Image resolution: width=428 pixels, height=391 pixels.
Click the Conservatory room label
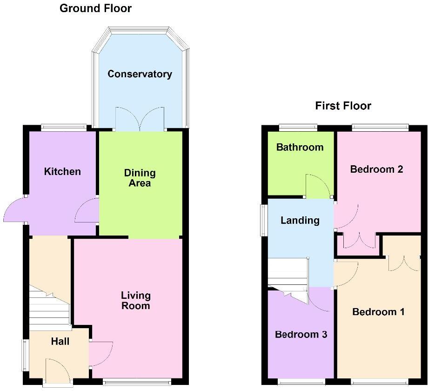[x=140, y=74]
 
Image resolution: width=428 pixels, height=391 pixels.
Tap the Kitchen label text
[x=62, y=172]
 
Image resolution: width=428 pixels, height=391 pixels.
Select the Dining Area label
[x=140, y=178]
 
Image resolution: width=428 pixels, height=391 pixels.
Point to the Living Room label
[x=136, y=300]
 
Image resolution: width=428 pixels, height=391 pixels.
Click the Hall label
[x=60, y=342]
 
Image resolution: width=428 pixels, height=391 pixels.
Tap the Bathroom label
[x=300, y=148]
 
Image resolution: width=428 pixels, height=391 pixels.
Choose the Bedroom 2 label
[x=376, y=169]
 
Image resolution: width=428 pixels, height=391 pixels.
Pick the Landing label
[x=300, y=221]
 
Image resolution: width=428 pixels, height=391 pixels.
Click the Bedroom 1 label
[x=378, y=312]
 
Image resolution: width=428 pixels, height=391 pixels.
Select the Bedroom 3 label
[x=301, y=335]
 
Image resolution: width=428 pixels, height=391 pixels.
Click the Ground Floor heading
[x=95, y=8]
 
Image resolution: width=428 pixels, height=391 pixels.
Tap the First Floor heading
[x=343, y=106]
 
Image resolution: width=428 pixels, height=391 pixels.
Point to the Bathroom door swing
[x=317, y=186]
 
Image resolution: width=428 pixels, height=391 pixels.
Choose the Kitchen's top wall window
[x=64, y=127]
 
